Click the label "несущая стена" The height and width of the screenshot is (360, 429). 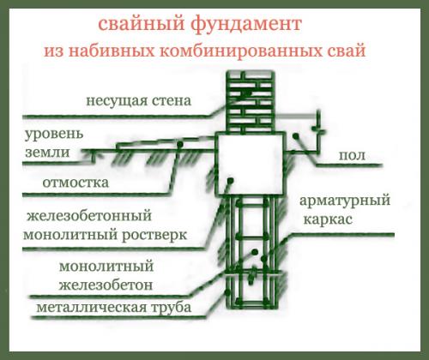click(137, 101)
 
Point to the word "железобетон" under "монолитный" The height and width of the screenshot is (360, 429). click(94, 284)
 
